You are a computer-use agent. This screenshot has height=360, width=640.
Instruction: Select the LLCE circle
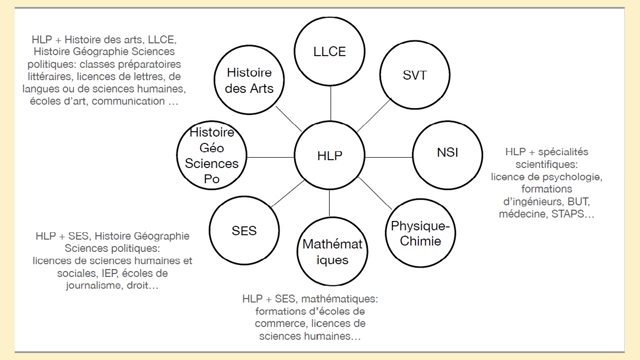pos(330,50)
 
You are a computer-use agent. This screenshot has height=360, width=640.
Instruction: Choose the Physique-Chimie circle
pos(420,233)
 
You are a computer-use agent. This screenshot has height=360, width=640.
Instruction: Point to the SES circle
pos(243,230)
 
